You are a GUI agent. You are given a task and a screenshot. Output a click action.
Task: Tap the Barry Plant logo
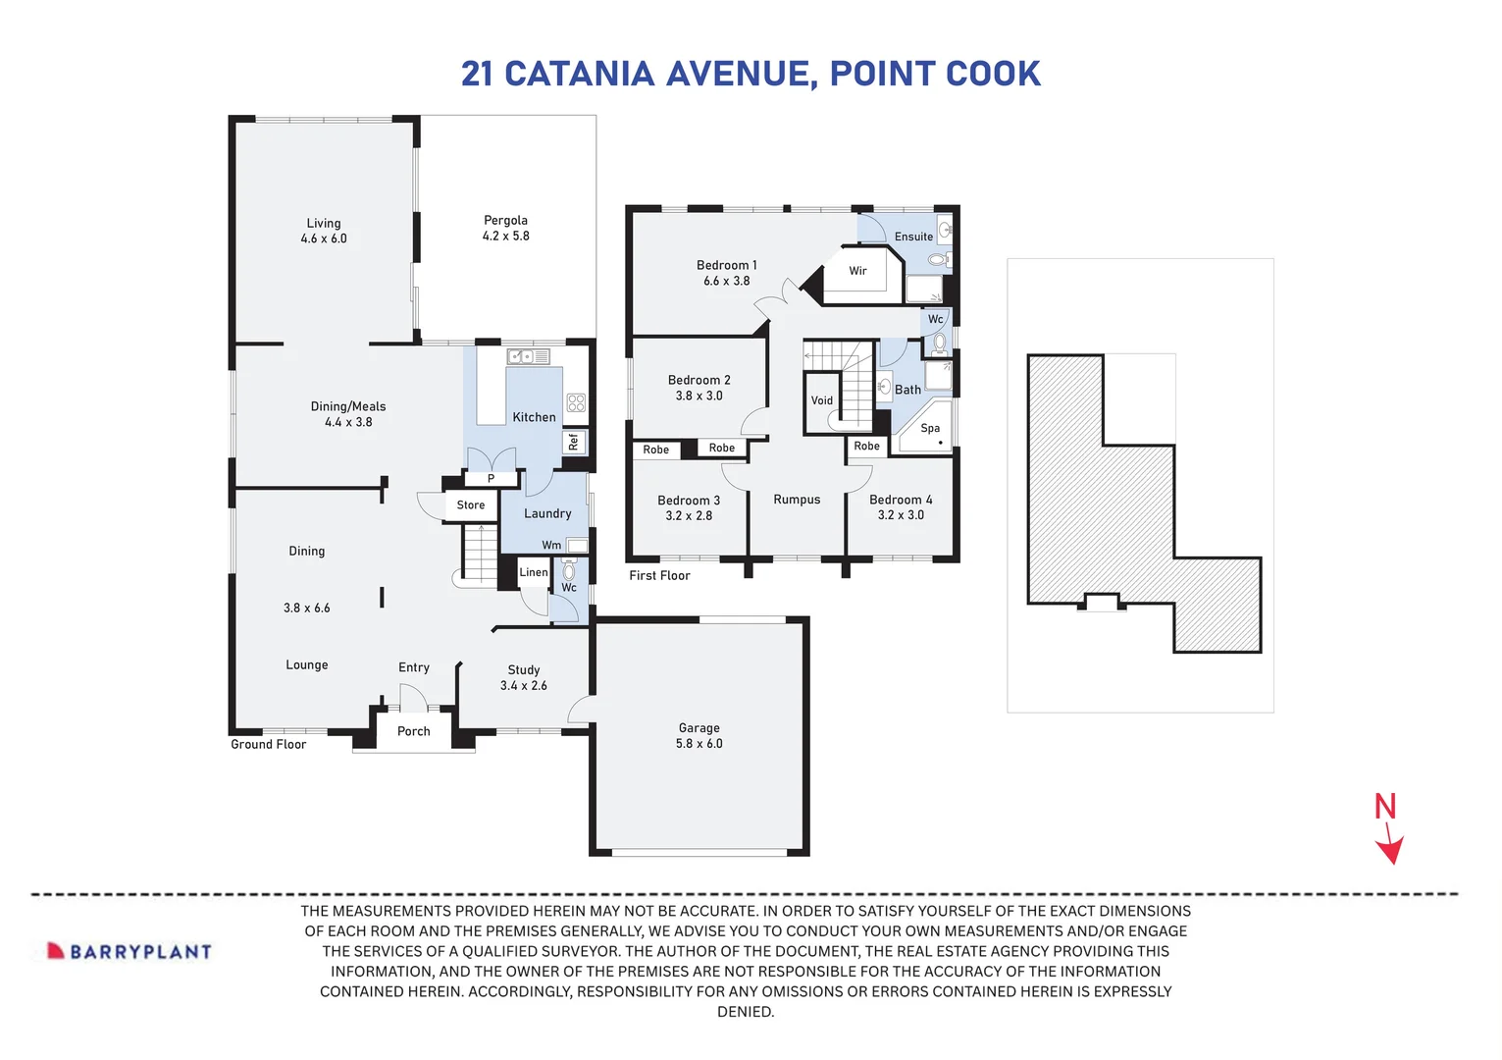click(129, 951)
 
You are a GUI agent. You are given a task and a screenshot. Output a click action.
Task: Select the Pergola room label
click(505, 221)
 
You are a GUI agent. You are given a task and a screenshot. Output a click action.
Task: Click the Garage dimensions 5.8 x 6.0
click(699, 744)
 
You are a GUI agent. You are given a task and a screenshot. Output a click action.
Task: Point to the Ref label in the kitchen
click(574, 442)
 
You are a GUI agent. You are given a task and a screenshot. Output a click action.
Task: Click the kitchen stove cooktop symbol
click(576, 402)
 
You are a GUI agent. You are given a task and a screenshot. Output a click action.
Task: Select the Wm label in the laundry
click(551, 546)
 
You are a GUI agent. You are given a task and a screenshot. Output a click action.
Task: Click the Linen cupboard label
click(534, 572)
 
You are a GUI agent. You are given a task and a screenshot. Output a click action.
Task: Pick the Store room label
click(471, 505)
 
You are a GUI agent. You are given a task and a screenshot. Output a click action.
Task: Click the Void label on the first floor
click(822, 400)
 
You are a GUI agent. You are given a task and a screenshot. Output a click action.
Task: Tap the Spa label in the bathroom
click(930, 428)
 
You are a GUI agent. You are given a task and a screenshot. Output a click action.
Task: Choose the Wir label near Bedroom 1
click(858, 271)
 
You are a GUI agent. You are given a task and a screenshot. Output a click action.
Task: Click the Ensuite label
click(913, 237)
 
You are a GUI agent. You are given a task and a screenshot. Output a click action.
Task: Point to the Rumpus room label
click(797, 500)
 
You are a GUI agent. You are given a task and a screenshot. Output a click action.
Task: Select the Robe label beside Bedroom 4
click(867, 446)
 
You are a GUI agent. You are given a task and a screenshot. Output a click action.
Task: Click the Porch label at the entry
click(414, 731)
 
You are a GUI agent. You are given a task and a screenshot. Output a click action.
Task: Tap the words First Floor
click(659, 576)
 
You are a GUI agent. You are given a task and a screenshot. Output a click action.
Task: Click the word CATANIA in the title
click(579, 74)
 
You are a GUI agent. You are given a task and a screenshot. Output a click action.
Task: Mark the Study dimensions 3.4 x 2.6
click(524, 686)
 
